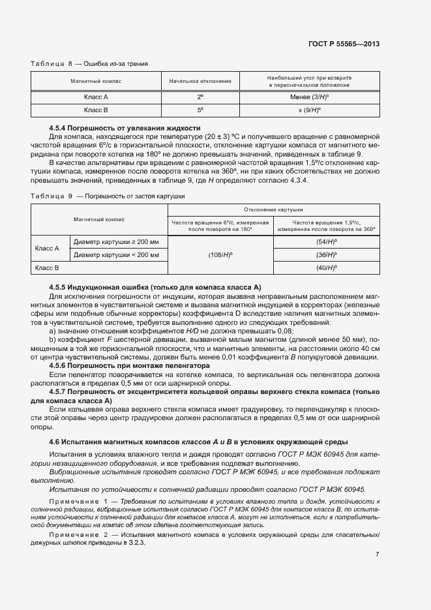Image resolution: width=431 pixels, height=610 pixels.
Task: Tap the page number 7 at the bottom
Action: click(x=377, y=555)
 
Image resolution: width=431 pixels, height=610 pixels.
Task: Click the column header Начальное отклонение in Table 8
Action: click(x=200, y=81)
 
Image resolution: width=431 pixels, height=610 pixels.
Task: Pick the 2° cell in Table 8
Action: click(x=200, y=96)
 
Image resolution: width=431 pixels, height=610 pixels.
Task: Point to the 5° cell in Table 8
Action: click(x=200, y=110)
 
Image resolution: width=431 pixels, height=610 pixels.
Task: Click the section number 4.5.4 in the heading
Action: click(x=60, y=128)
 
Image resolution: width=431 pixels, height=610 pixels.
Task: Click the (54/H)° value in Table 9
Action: click(x=325, y=242)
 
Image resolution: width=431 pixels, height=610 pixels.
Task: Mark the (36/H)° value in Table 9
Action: click(x=325, y=254)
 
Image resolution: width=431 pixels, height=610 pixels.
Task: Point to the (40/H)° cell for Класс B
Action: click(x=325, y=267)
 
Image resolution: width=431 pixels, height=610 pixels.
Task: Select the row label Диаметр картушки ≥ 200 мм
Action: click(x=116, y=242)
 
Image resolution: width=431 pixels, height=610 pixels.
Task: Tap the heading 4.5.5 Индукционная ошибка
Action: click(x=155, y=287)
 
